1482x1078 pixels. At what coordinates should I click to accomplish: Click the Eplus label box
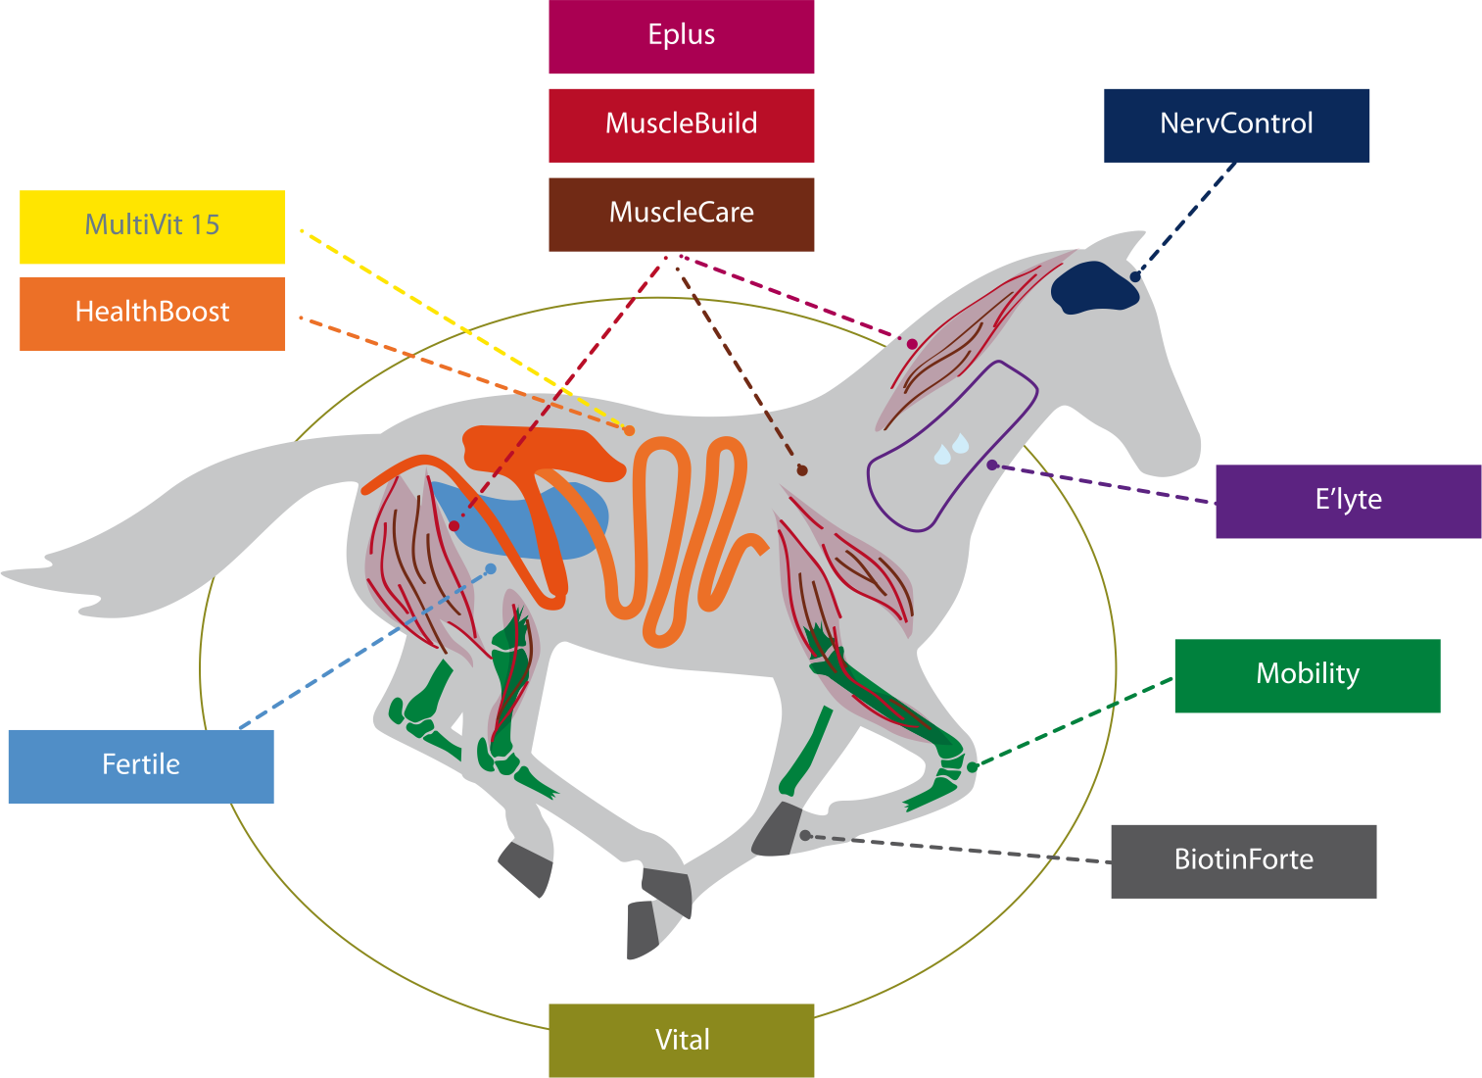681,36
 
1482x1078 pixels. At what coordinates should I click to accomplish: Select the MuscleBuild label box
681,124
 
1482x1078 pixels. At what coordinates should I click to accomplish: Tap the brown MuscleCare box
681,214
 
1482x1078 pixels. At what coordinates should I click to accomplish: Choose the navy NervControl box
1236,124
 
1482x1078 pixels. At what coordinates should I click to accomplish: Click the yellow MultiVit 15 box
152,226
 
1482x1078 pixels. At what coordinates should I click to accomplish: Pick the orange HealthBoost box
152,313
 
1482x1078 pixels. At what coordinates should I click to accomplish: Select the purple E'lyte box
1348,501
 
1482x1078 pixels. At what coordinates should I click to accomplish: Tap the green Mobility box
1307,675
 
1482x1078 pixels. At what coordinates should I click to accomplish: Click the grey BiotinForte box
1243,860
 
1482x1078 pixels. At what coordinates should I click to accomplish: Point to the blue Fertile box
140,765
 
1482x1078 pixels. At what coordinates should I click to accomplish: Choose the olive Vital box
681,1040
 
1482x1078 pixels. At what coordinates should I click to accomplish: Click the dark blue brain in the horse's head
1092,285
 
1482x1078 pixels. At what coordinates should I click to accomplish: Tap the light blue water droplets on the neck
951,449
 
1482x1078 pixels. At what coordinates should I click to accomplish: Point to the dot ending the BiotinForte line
805,835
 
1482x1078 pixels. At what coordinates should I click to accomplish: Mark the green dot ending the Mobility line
972,767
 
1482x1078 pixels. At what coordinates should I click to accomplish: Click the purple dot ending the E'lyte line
991,465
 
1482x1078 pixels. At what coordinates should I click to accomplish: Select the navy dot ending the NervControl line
1135,276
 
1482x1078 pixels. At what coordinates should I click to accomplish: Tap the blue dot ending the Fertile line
491,568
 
